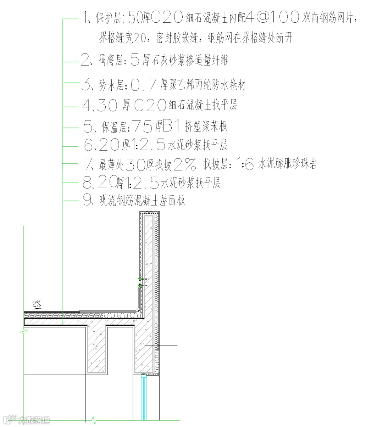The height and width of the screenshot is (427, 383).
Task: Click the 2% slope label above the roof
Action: (37, 304)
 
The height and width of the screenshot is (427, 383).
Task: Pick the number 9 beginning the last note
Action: (87, 201)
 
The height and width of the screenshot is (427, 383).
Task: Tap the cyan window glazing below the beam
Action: (144, 397)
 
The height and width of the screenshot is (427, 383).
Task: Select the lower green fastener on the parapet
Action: (140, 285)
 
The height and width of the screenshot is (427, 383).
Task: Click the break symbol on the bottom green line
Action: (94, 420)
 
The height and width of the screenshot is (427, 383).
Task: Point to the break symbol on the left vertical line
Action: (24, 332)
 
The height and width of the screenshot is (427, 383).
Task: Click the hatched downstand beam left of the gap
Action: (97, 349)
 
